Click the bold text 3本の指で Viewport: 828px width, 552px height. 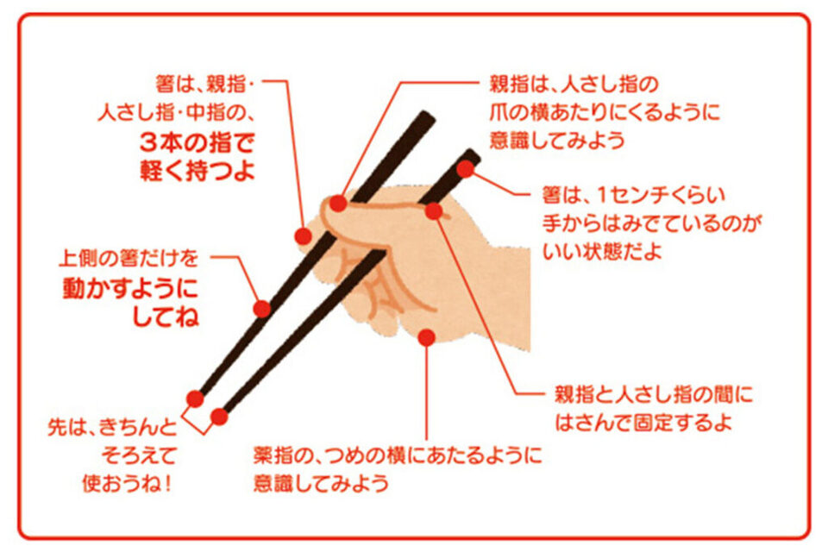(x=198, y=142)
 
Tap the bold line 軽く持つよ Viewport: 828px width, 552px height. (x=198, y=170)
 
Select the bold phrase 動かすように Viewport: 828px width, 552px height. (x=130, y=288)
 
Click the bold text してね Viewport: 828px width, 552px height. (x=166, y=317)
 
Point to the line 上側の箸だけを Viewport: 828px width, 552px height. (x=129, y=258)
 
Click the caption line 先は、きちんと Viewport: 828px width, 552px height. (x=112, y=427)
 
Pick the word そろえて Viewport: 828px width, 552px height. (x=138, y=455)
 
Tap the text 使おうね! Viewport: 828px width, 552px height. (x=128, y=483)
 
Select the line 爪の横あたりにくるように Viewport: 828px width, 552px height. (x=605, y=112)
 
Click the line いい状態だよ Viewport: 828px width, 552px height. (x=602, y=251)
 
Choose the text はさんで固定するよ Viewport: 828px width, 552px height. (x=643, y=422)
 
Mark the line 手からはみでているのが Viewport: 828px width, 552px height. (x=652, y=223)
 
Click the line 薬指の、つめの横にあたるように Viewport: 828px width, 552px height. (x=398, y=455)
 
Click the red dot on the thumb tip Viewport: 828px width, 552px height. (x=338, y=203)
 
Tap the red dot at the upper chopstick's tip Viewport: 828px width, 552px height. (x=195, y=398)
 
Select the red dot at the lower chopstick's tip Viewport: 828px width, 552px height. (x=219, y=417)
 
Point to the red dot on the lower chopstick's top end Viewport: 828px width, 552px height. (x=465, y=169)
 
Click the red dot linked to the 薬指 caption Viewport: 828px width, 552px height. (x=427, y=337)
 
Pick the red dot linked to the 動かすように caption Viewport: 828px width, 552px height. (x=262, y=309)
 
